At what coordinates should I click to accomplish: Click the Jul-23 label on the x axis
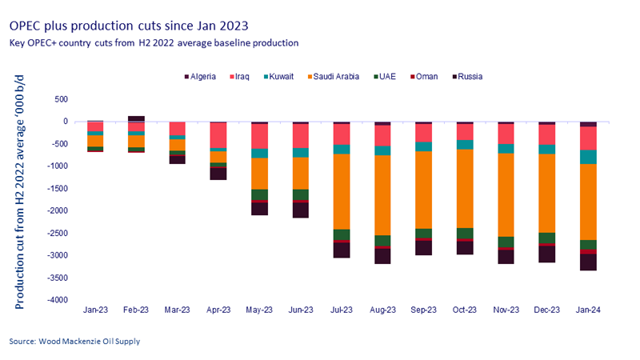[x=342, y=309]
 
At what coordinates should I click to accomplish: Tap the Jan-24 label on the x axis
[x=588, y=309]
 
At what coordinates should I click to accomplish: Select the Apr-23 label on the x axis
[x=218, y=309]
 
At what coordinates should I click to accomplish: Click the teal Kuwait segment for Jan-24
[x=588, y=157]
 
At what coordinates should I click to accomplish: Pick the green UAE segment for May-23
[x=259, y=194]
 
